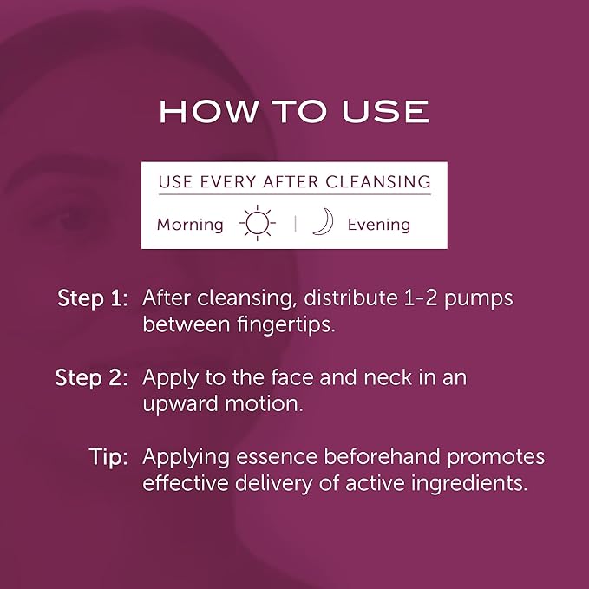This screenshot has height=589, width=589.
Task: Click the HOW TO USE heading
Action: click(294, 111)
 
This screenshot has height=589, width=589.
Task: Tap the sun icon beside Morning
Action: click(257, 224)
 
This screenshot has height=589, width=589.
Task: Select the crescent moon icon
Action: click(323, 224)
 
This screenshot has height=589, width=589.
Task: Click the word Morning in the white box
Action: click(190, 225)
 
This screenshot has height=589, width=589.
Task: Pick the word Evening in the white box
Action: click(378, 225)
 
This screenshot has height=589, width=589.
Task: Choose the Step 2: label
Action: click(92, 378)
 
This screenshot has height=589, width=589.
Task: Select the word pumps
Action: click(478, 298)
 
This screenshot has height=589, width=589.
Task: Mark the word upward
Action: click(177, 405)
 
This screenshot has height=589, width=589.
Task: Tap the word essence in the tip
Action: click(272, 457)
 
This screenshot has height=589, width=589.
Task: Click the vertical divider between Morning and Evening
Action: click(295, 224)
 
